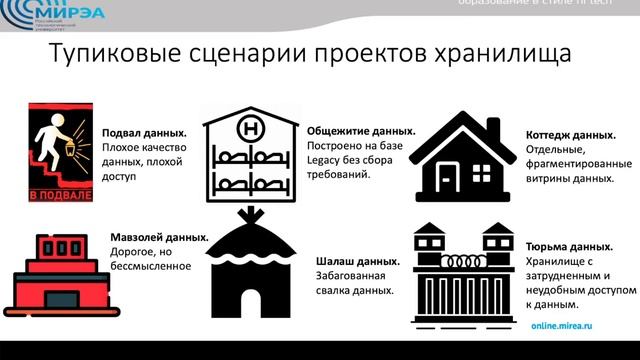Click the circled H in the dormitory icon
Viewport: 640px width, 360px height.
pyautogui.click(x=250, y=127)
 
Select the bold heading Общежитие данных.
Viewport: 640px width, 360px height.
pyautogui.click(x=361, y=130)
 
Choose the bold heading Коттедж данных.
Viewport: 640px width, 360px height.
pyautogui.click(x=569, y=135)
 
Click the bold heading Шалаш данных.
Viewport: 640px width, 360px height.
pyautogui.click(x=357, y=260)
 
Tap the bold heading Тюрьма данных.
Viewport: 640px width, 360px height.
pyautogui.click(x=567, y=246)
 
